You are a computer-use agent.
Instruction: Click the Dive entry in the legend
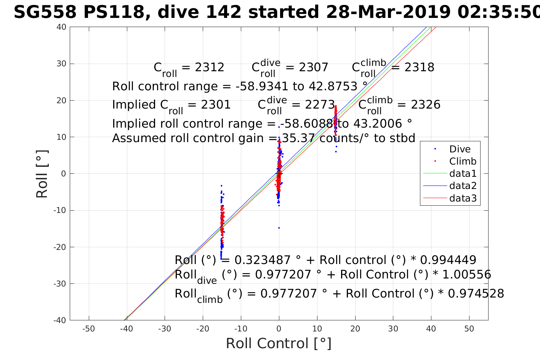pos(460,149)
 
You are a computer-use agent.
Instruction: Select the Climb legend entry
pos(463,162)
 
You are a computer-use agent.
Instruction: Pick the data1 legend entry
pos(463,174)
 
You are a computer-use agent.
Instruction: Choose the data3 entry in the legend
pos(463,198)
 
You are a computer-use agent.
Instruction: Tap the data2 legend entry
pos(463,186)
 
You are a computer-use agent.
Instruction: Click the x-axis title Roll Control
pos(279,344)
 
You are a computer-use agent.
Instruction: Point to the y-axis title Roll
pos(42,174)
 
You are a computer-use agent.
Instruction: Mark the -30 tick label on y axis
pos(60,284)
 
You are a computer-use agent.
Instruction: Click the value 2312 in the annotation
pos(209,67)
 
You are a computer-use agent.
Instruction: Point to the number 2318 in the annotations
pos(419,67)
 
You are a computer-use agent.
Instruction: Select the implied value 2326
pos(425,105)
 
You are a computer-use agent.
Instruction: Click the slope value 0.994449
pos(448,260)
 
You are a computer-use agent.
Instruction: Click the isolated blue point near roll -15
pos(279,228)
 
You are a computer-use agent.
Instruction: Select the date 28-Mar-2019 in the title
pos(387,13)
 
